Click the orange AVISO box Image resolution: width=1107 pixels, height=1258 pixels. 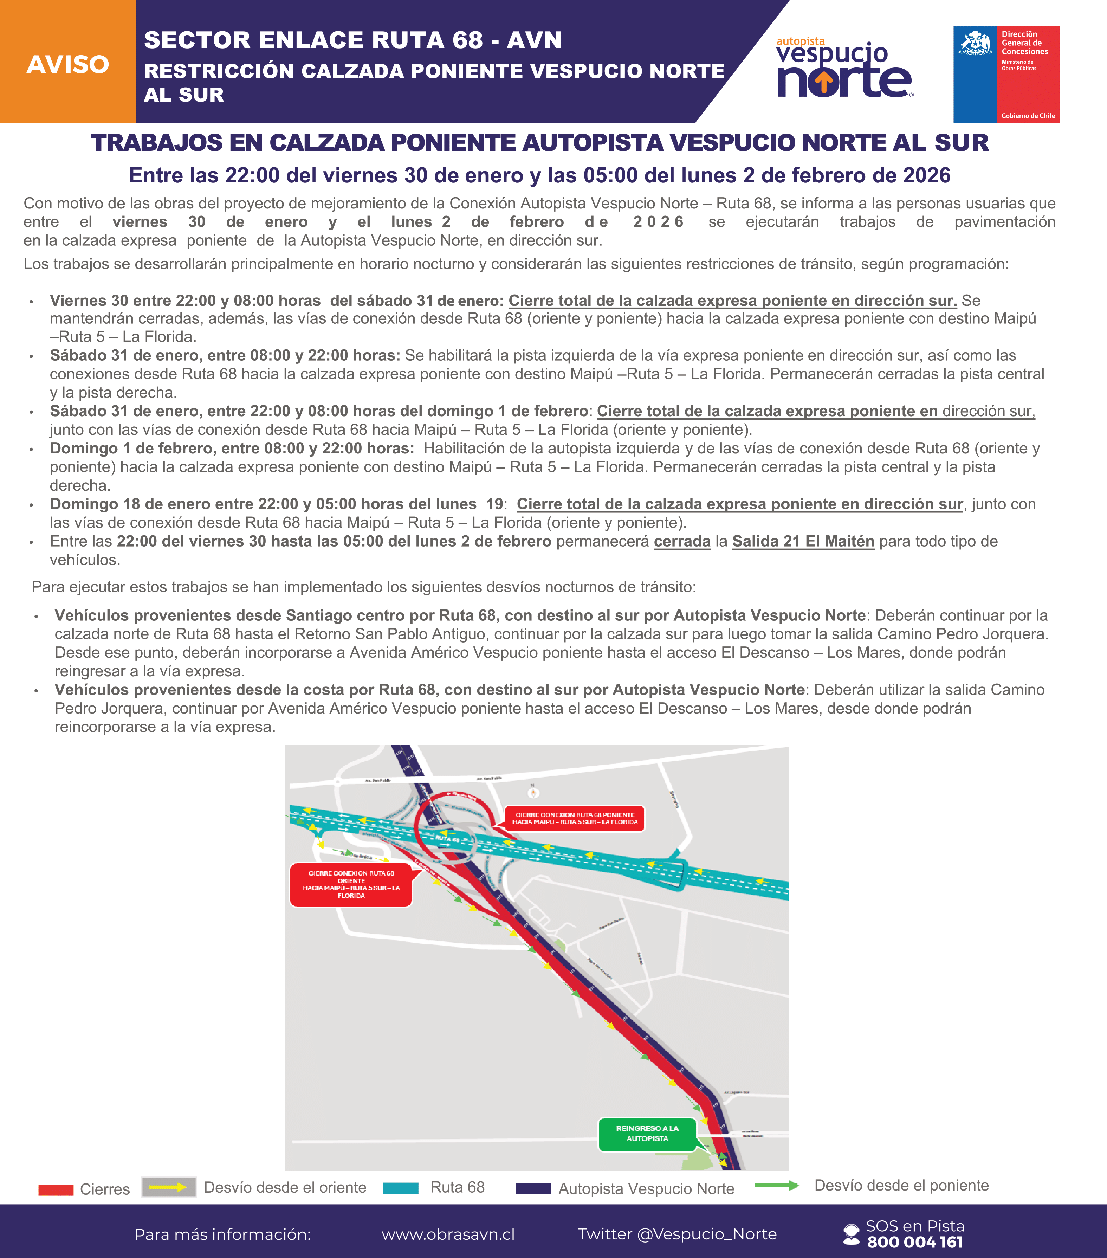[x=68, y=62]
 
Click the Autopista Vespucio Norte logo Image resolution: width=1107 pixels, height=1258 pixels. [x=844, y=68]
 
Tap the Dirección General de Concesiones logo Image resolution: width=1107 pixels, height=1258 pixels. [x=1006, y=74]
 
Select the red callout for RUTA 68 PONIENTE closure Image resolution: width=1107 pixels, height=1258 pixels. [x=575, y=819]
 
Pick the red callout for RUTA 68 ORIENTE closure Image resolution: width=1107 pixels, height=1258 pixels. [x=351, y=884]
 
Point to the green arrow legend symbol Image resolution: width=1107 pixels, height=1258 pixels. [x=777, y=1185]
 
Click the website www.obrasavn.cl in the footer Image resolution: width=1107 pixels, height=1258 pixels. [x=448, y=1234]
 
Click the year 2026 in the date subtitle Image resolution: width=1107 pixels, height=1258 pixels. [x=926, y=175]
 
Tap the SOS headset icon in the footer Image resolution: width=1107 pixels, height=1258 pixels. [x=851, y=1234]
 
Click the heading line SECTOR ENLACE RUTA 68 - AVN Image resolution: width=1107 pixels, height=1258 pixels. [x=352, y=40]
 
